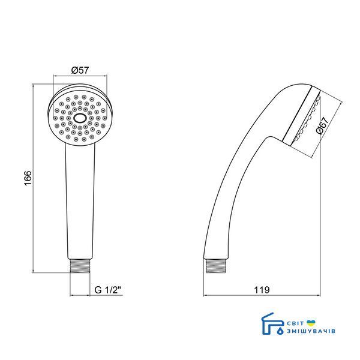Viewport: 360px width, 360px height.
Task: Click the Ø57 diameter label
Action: pyautogui.click(x=80, y=70)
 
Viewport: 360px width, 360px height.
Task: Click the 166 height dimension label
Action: pyautogui.click(x=28, y=178)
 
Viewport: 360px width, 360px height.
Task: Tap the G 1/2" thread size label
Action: pyautogui.click(x=107, y=290)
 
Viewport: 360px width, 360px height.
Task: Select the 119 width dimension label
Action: pyautogui.click(x=262, y=290)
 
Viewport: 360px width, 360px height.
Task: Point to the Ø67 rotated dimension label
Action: pyautogui.click(x=322, y=125)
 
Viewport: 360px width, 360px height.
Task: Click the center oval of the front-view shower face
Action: pyautogui.click(x=80, y=118)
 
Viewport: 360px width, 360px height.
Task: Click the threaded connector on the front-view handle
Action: pyautogui.click(x=80, y=266)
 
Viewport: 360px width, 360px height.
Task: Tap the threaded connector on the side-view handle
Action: pyautogui.click(x=216, y=266)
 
